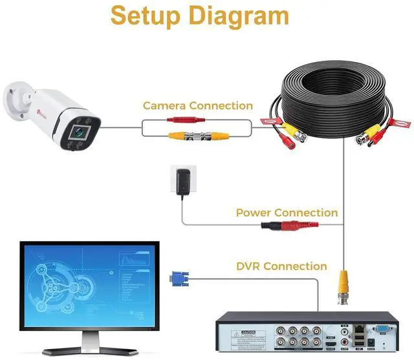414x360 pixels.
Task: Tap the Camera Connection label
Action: coord(198,105)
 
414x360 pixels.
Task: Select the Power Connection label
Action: coord(287,213)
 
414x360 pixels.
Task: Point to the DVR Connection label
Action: coord(281,266)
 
